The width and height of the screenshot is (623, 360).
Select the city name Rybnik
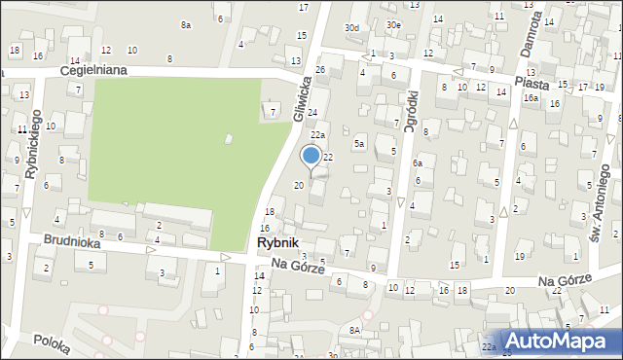pos(278,243)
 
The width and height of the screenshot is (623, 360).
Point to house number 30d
pos(351,28)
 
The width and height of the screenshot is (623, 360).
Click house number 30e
pos(392,24)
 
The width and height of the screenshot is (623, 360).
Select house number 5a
pos(358,144)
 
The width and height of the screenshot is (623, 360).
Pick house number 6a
pos(416,163)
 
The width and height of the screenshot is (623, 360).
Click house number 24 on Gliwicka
pos(312,114)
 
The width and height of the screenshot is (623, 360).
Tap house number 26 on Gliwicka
pos(320,70)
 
